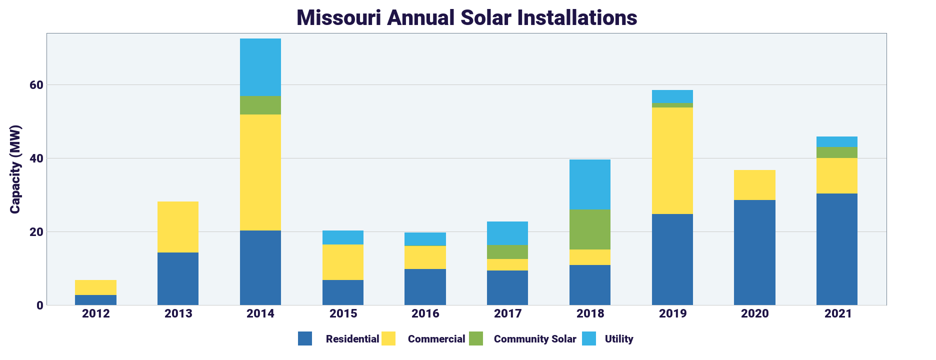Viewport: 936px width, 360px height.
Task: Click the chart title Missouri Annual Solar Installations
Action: [466, 18]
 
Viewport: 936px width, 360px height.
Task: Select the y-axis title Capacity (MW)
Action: [15, 169]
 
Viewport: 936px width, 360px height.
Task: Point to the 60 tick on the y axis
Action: [36, 85]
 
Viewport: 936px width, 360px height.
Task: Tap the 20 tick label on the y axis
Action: [36, 232]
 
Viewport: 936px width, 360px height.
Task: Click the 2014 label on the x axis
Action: [260, 314]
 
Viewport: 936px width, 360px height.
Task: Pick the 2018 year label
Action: [590, 314]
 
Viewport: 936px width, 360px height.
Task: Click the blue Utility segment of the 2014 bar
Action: [260, 67]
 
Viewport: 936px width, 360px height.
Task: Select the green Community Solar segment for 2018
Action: [590, 229]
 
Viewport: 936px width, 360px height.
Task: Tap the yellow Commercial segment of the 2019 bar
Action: [672, 160]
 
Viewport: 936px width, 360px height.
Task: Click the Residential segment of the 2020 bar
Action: [754, 252]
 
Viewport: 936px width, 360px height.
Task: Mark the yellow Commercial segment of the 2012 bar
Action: [95, 287]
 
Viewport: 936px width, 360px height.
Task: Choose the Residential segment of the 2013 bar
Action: [178, 278]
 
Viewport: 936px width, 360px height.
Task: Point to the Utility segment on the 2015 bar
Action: [343, 237]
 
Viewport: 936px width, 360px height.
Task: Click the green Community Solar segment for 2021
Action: [837, 152]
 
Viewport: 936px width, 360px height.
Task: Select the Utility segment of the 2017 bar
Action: [507, 233]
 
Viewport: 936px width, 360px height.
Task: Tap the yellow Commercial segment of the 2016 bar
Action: [425, 257]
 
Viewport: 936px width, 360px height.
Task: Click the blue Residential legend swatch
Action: [305, 338]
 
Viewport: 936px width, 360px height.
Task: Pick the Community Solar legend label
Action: [535, 339]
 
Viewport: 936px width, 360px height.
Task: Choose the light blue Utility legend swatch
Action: [589, 338]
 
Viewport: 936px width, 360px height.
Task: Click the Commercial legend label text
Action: [436, 339]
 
